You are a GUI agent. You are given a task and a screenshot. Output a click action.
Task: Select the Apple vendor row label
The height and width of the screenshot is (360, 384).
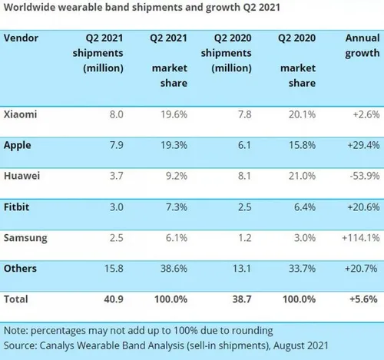click(19, 144)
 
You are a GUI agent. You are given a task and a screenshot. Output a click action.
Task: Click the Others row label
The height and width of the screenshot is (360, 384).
click(21, 269)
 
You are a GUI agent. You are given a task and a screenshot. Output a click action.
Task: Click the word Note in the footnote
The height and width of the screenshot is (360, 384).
click(16, 331)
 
